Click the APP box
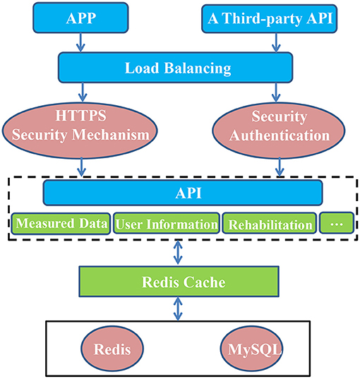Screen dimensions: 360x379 pos(80,18)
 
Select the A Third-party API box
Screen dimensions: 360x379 pos(270,18)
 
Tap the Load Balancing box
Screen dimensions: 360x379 pos(176,68)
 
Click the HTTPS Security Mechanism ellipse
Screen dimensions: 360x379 pos(80,131)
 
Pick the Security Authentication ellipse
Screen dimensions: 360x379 pos(279,131)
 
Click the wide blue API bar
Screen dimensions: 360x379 pos(183,193)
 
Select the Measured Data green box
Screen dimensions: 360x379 pos(61,224)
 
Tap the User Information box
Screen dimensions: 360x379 pos(167,224)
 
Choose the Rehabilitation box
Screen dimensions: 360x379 pos(270,224)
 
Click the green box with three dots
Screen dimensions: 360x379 pos(337,223)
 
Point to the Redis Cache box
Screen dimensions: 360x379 pos(179,282)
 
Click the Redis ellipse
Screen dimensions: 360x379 pos(112,349)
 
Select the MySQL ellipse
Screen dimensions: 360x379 pos(251,349)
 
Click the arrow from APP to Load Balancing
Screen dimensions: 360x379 pos(80,42)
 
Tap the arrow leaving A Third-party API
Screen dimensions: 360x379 pos(276,42)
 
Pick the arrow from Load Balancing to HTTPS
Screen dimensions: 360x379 pos(83,92)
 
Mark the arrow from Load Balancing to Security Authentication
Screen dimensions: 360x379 pos(276,92)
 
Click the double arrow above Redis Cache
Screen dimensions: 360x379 pos(178,253)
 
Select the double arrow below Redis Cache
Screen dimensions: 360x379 pos(178,309)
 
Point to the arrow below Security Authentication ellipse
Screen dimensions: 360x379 pos(280,167)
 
